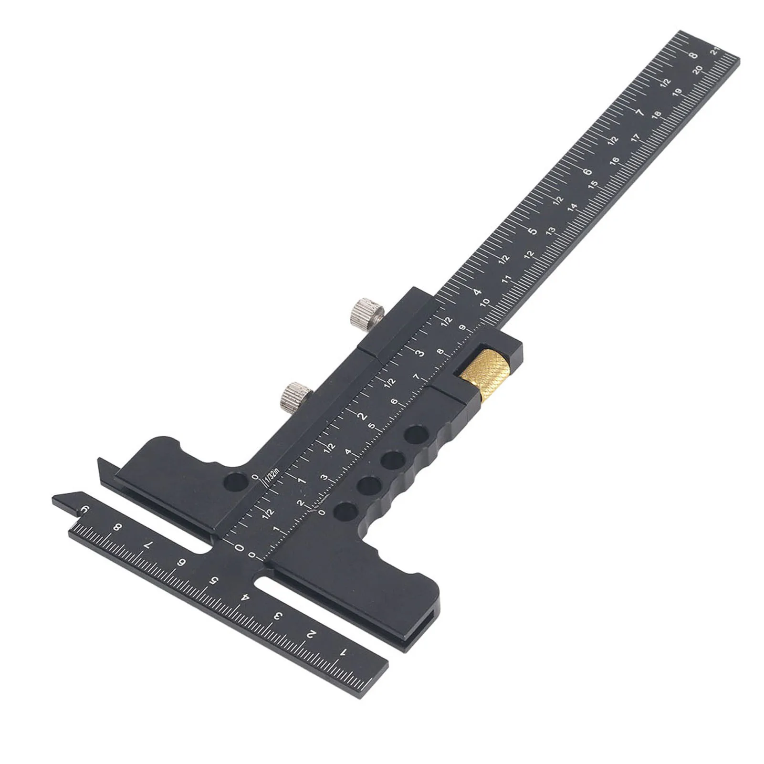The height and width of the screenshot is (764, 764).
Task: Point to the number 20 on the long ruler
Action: pyautogui.click(x=698, y=70)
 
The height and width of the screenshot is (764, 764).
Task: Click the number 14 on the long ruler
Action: pyautogui.click(x=572, y=207)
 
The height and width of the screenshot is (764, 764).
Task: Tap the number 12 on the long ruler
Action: pyautogui.click(x=529, y=254)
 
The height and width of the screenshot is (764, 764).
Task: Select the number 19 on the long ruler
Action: pyautogui.click(x=677, y=93)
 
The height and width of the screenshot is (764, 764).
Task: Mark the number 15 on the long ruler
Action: pyautogui.click(x=593, y=184)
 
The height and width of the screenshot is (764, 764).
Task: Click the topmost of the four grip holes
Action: pyautogui.click(x=416, y=435)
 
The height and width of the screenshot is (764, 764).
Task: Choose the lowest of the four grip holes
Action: pyautogui.click(x=345, y=512)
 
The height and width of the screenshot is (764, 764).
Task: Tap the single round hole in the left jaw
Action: pyautogui.click(x=236, y=482)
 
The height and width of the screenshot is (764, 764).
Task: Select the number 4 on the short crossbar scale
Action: pyautogui.click(x=245, y=597)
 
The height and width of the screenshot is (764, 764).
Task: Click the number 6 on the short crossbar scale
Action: pyautogui.click(x=181, y=563)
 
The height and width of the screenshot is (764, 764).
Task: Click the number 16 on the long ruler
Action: pyautogui.click(x=614, y=161)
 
